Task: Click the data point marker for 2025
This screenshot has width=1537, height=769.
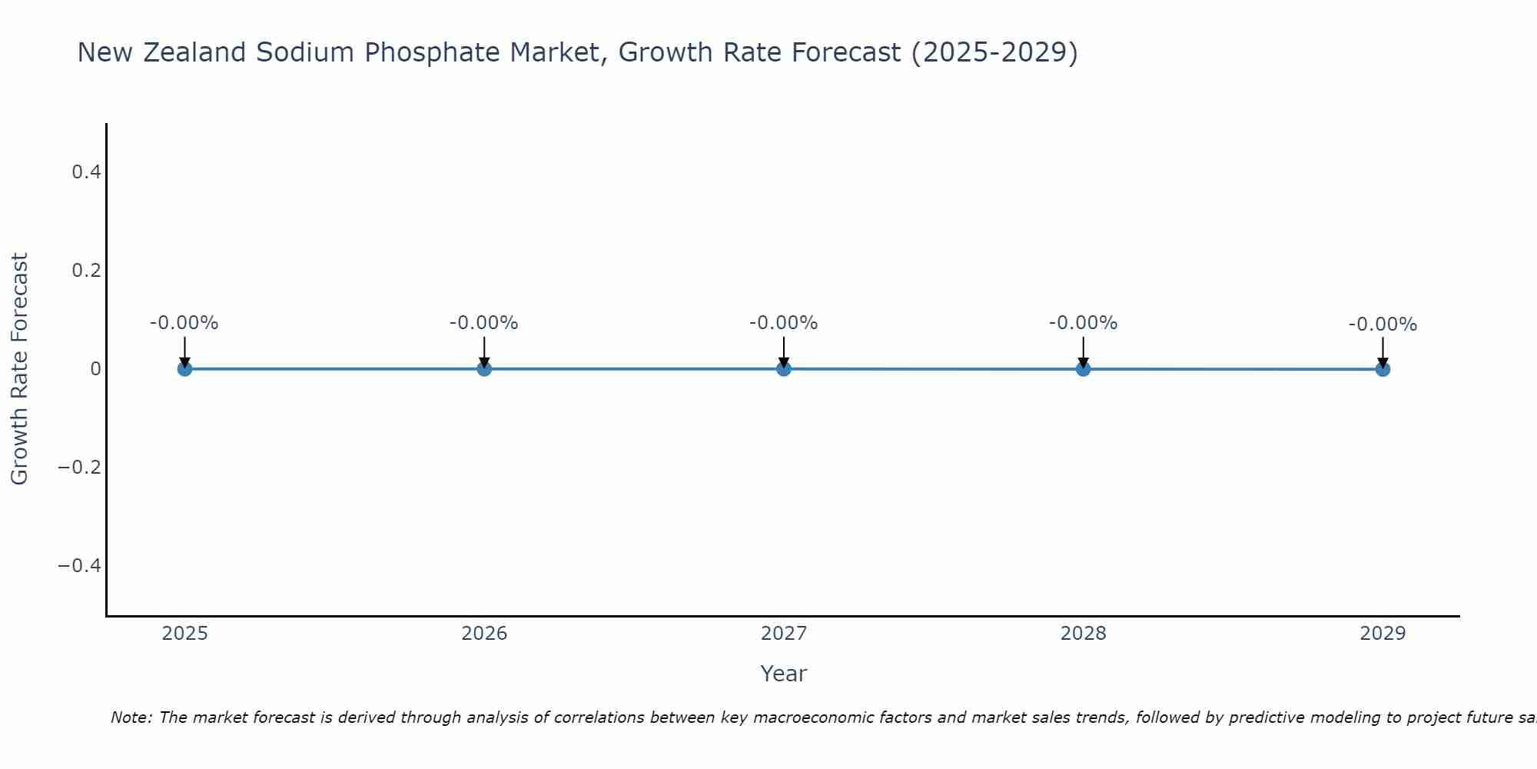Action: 184,369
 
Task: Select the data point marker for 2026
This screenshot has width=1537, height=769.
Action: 484,369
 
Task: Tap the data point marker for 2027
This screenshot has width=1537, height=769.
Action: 784,369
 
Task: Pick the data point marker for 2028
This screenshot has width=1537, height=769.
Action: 1084,369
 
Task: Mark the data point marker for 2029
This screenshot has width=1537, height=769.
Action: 1383,369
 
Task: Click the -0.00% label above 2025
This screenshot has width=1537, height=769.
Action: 184,323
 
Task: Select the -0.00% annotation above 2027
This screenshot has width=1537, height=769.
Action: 784,323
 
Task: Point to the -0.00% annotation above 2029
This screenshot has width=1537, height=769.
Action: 1383,325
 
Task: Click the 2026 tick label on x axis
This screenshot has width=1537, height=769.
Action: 484,634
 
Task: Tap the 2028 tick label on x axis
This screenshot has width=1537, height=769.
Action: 1084,634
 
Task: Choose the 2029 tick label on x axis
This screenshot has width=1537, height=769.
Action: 1383,634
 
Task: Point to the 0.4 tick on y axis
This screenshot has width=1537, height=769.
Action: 87,172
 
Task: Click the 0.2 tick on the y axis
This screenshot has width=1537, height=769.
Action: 87,271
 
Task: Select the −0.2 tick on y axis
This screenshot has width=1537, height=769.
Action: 80,468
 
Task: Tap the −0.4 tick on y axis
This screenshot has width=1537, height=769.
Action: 80,566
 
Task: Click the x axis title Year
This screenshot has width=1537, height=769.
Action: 784,674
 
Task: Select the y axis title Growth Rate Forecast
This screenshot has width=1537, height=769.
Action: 19,369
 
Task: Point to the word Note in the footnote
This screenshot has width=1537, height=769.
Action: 131,717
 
